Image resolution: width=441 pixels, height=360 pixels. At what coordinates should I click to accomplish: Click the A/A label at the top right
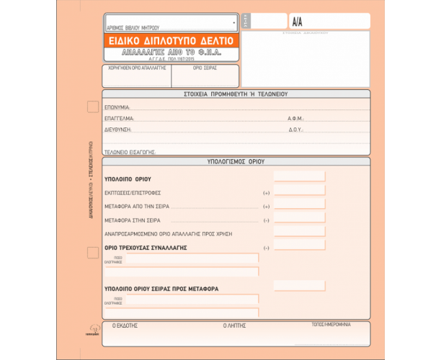coord(298,22)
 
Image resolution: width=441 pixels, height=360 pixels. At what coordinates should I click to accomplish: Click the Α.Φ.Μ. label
coord(295,119)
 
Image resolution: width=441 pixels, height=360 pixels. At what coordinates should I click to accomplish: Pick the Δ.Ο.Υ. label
coord(295,130)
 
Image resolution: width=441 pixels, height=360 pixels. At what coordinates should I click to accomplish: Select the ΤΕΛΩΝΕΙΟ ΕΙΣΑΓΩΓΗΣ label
coord(130,152)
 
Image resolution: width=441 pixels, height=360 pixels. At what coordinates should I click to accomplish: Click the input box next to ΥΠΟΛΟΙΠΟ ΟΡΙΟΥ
coord(299,177)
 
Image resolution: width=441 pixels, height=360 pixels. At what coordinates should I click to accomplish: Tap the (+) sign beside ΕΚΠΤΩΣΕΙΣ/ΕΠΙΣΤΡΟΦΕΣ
coord(266,193)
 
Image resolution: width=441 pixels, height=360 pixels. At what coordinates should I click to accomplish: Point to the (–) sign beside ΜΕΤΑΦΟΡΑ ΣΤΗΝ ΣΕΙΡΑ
coord(266,220)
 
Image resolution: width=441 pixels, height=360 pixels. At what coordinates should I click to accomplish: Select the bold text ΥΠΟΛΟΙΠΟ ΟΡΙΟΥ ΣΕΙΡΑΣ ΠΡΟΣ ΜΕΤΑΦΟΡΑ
coord(161,288)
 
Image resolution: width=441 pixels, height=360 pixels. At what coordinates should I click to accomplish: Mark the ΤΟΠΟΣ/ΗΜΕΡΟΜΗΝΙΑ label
coord(331,324)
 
